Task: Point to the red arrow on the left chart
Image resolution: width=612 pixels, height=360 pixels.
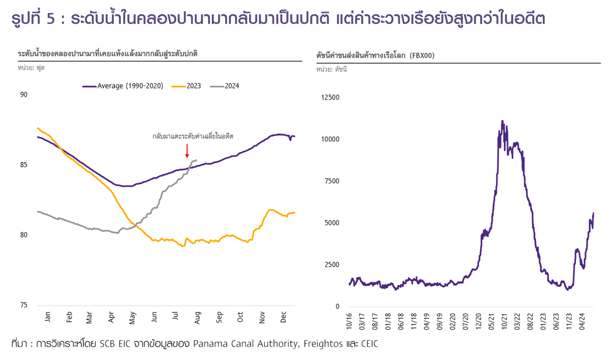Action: [x=187, y=150]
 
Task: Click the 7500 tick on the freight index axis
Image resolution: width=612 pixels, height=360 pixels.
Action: [x=331, y=181]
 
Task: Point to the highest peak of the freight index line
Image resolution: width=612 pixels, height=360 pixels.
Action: [x=502, y=121]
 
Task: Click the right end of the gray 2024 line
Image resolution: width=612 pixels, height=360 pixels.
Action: [x=196, y=160]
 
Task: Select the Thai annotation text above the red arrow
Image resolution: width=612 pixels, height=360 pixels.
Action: [x=193, y=136]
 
